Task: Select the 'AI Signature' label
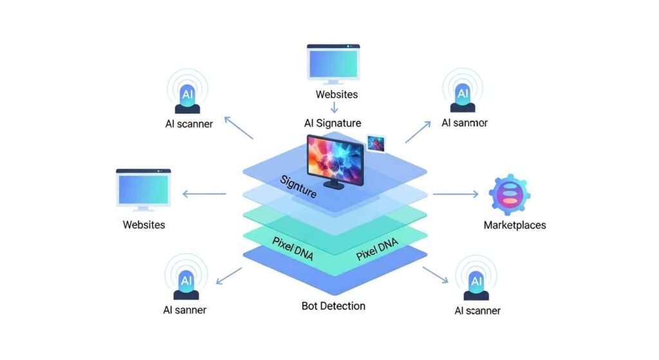pyautogui.click(x=332, y=123)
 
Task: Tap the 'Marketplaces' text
pyautogui.click(x=514, y=225)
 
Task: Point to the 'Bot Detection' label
pyautogui.click(x=333, y=305)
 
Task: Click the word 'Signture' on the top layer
pyautogui.click(x=298, y=186)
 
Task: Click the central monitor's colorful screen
pyautogui.click(x=335, y=156)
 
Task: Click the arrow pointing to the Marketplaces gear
pyautogui.click(x=456, y=193)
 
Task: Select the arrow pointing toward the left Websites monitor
pyautogui.click(x=204, y=193)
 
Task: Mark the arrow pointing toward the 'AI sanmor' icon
pyautogui.click(x=418, y=132)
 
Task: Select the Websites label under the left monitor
pyautogui.click(x=144, y=225)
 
